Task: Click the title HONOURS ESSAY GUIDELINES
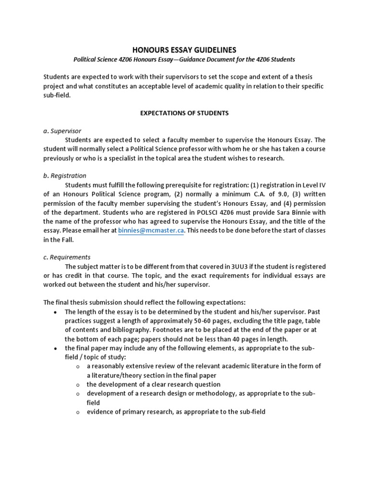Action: (x=184, y=50)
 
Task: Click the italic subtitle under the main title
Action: (x=184, y=60)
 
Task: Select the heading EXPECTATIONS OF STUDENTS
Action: (x=184, y=113)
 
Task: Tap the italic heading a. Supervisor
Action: (x=62, y=131)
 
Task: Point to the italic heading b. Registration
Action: (x=65, y=176)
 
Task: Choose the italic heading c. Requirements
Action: (x=67, y=257)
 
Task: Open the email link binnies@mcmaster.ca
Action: (x=151, y=231)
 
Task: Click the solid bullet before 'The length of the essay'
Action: (x=56, y=312)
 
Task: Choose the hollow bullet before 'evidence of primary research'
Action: (x=78, y=412)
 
